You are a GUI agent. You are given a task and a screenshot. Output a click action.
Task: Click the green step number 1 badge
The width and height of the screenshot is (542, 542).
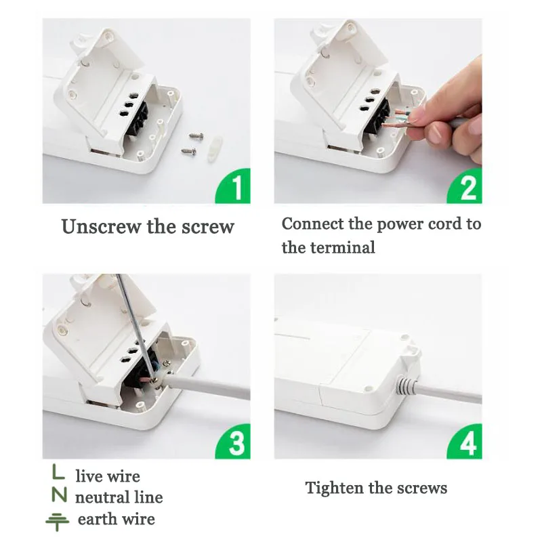click(x=234, y=187)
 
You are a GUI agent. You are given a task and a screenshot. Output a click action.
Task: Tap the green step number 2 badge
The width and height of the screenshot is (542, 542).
click(x=465, y=187)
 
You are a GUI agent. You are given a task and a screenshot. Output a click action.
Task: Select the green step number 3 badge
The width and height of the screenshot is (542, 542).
click(x=234, y=442)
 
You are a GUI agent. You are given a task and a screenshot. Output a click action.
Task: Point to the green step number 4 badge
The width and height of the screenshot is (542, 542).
click(x=465, y=442)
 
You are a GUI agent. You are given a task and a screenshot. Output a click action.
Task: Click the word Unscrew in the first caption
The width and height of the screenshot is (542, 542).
click(x=101, y=227)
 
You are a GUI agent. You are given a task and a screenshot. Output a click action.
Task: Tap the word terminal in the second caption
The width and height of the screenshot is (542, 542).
click(x=342, y=247)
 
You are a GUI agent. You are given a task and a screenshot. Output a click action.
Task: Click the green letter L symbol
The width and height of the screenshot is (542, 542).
click(x=58, y=472)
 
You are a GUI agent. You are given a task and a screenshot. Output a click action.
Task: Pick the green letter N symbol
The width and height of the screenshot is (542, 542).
click(x=59, y=495)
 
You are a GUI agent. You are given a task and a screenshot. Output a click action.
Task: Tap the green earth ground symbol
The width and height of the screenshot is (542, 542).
click(x=58, y=521)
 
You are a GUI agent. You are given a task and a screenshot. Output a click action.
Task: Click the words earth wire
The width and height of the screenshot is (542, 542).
click(x=116, y=519)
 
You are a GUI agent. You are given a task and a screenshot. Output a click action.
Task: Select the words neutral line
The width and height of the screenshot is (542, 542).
click(x=119, y=497)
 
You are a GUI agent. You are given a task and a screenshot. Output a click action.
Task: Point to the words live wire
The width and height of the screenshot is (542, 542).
click(x=108, y=476)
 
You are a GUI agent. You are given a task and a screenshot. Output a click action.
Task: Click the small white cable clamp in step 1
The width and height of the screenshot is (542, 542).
click(x=215, y=149)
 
